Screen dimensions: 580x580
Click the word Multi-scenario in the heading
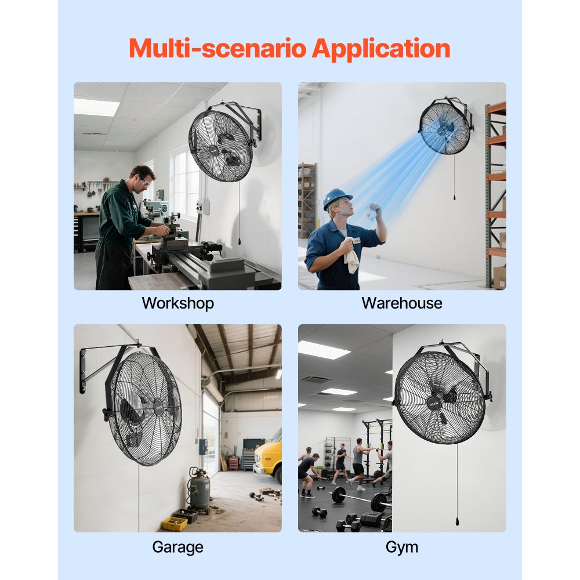[217, 49]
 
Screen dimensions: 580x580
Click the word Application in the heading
[381, 49]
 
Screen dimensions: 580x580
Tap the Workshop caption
[177, 303]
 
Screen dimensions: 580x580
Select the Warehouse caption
[401, 303]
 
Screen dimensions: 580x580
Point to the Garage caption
[177, 546]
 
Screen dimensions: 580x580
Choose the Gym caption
[401, 546]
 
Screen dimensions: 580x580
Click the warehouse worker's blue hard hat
[337, 197]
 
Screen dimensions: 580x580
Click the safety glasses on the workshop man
[144, 182]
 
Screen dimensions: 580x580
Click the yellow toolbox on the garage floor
[175, 523]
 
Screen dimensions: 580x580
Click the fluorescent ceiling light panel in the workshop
[96, 107]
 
